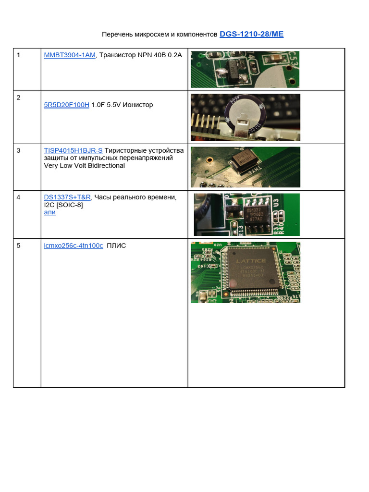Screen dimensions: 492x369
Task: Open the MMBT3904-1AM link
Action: tap(70, 55)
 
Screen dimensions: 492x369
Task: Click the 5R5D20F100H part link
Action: tap(66, 105)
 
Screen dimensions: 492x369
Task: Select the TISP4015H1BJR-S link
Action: tap(73, 150)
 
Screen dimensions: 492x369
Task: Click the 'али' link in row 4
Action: tap(49, 212)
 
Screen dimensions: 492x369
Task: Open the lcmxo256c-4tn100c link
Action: tap(74, 246)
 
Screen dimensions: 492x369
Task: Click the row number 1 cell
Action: tap(19, 55)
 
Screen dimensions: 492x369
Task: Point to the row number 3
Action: tap(19, 150)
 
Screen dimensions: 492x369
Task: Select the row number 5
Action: tap(19, 246)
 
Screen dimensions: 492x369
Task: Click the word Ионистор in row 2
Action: tap(137, 105)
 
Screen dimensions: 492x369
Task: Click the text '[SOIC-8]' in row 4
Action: tap(70, 205)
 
